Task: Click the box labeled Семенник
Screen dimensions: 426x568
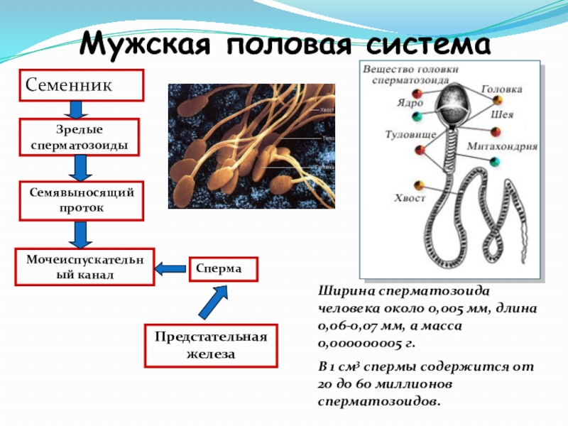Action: click(82, 84)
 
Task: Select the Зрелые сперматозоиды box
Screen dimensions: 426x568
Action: click(79, 137)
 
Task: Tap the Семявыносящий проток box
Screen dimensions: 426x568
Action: click(79, 200)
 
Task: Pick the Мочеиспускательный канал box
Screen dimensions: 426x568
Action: click(84, 266)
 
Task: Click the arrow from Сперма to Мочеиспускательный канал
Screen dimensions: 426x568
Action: click(170, 268)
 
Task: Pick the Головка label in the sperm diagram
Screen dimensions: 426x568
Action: click(502, 89)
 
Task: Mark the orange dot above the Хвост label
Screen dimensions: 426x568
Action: click(420, 182)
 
